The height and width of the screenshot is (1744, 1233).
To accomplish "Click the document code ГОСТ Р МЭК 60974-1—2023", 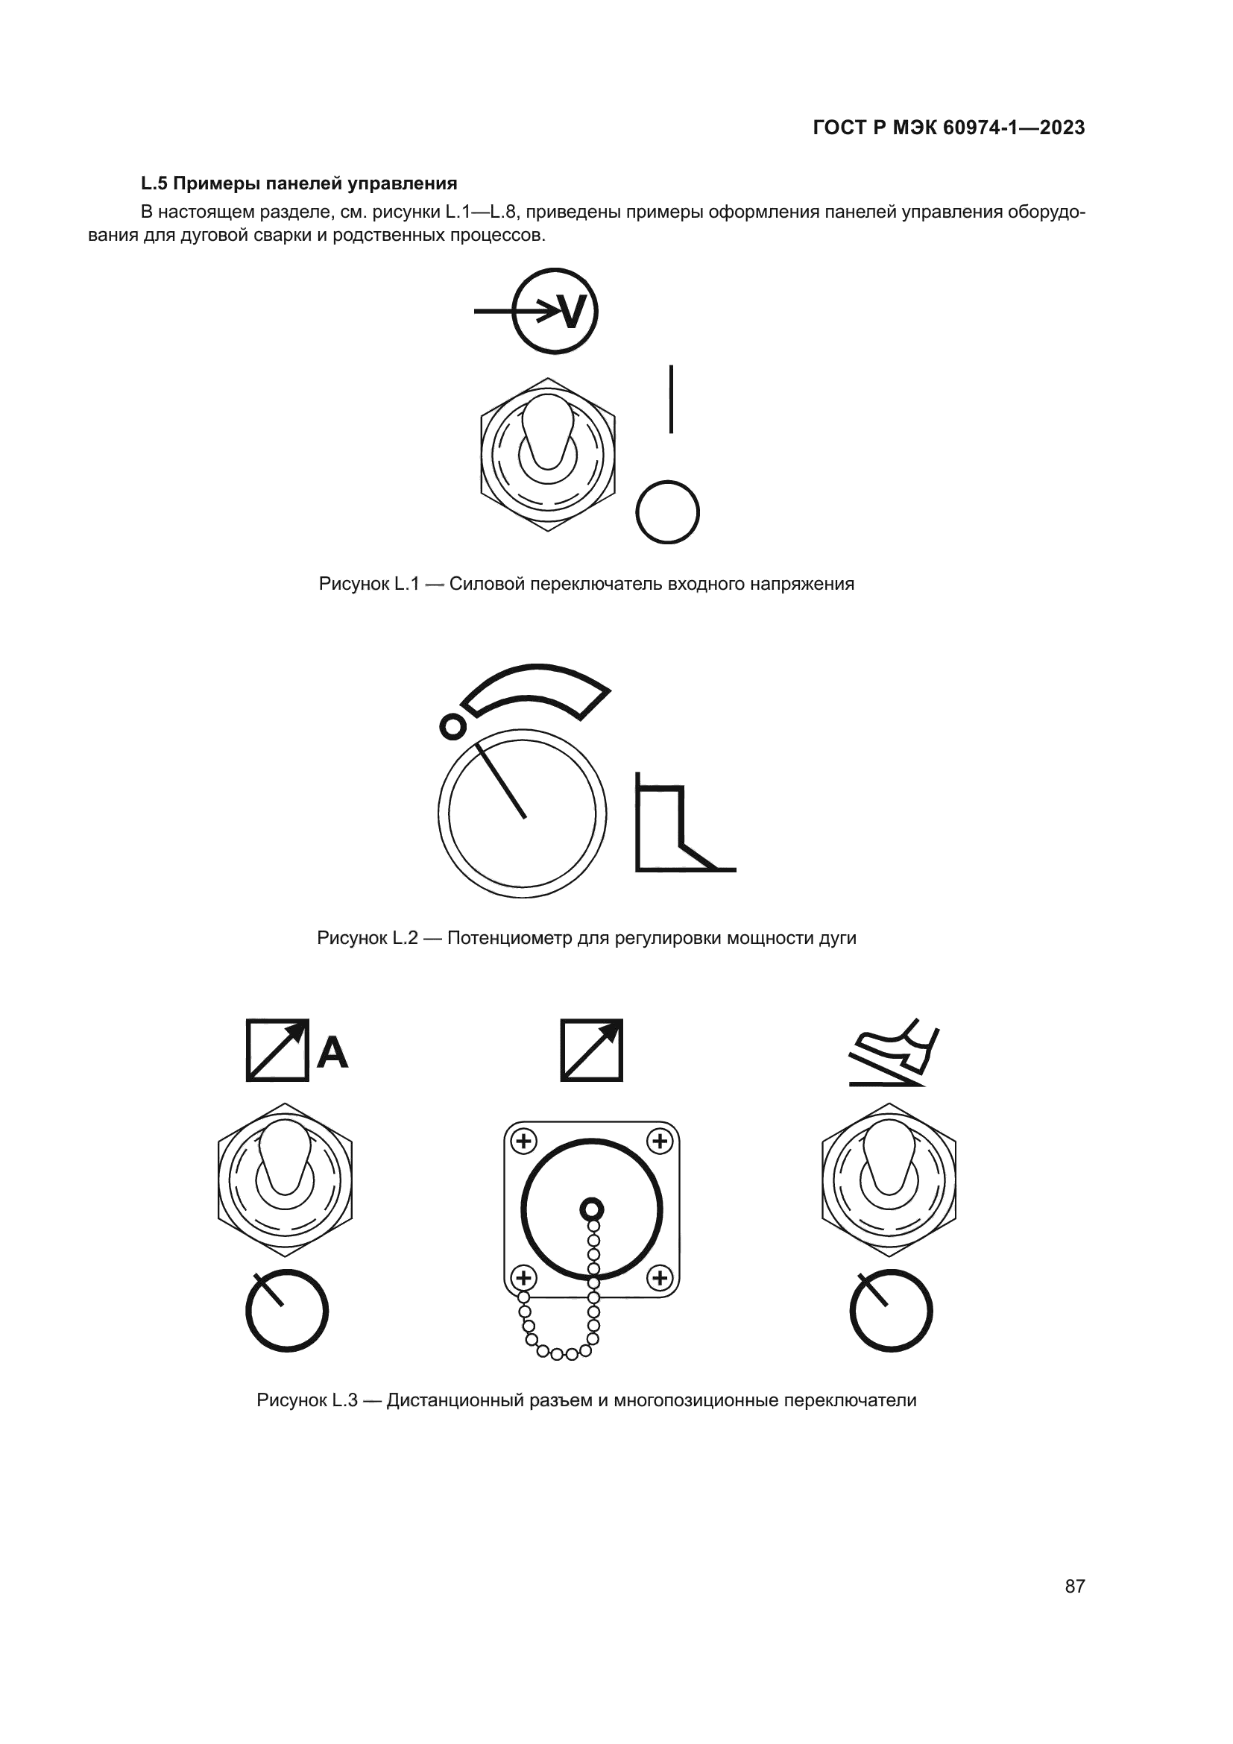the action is point(948,128).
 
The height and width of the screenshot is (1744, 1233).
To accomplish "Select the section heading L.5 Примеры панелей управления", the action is point(299,183).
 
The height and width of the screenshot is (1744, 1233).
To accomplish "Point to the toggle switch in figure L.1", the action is point(548,454).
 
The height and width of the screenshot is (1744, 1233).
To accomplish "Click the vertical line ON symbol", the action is point(671,400).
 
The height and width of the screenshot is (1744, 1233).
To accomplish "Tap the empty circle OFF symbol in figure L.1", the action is point(667,512).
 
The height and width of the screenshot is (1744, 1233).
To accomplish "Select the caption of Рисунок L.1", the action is point(587,583).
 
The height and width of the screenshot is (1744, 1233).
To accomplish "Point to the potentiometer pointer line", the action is point(501,781).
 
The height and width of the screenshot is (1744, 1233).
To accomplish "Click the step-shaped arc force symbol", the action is point(685,822).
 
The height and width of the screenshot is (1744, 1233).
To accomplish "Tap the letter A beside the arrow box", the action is point(332,1052).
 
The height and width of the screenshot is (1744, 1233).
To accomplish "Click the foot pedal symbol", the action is point(895,1052).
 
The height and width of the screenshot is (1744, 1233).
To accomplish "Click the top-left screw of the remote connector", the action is point(524,1141).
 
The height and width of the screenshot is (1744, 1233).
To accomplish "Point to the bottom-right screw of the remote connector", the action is point(660,1278).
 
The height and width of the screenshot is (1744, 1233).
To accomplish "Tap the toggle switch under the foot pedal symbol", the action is point(889,1179).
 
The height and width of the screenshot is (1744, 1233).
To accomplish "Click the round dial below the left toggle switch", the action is point(287,1310).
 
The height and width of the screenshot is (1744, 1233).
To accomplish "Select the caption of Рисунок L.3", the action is point(587,1400).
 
